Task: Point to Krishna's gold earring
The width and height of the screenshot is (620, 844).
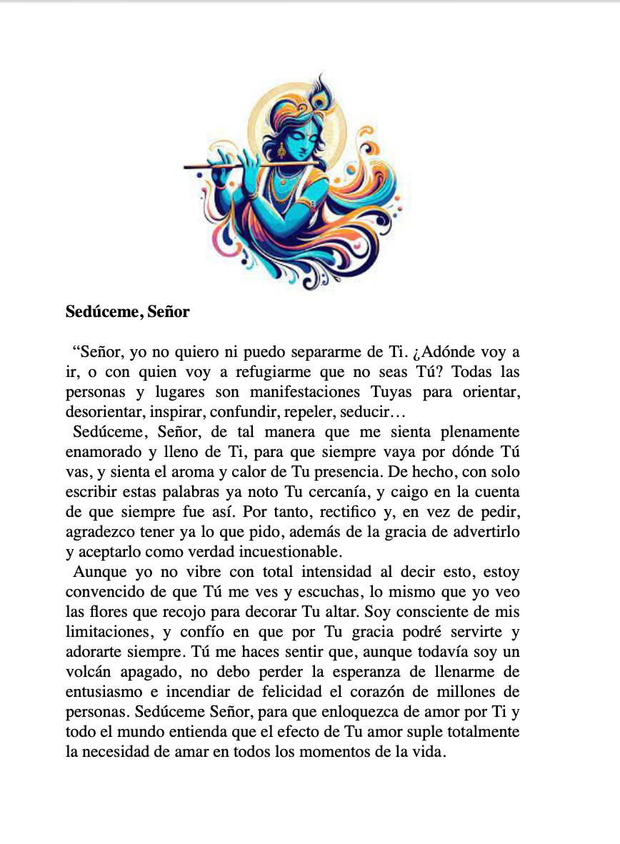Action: point(281,151)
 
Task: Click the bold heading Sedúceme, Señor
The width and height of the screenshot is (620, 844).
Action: point(127,312)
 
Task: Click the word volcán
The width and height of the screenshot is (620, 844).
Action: point(89,673)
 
